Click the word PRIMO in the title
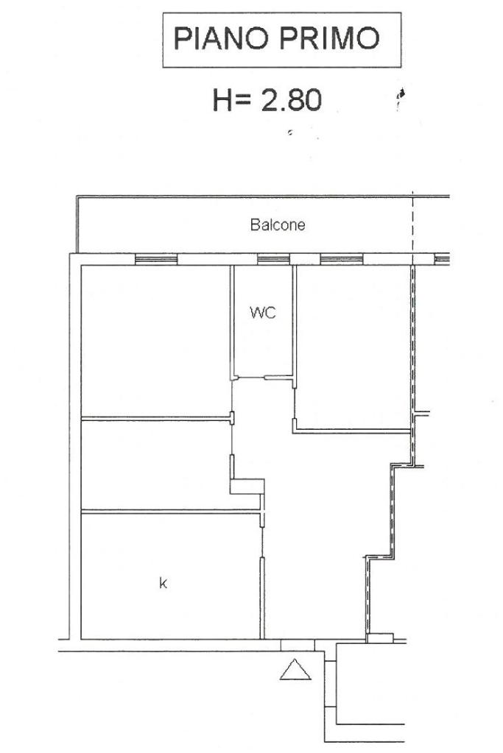tap(330, 38)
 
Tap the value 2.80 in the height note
tap(291, 101)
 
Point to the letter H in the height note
tap(223, 101)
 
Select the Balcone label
tap(277, 225)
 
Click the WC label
tap(263, 313)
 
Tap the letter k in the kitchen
tap(163, 583)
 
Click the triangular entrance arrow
tap(295, 669)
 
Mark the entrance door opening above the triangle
tap(297, 646)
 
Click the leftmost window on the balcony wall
tap(156, 259)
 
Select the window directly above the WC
tap(273, 259)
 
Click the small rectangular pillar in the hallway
tap(247, 486)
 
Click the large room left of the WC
tap(155, 340)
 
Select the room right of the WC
tap(353, 346)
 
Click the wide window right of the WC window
tap(342, 259)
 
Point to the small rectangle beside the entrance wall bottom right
tap(379, 638)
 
